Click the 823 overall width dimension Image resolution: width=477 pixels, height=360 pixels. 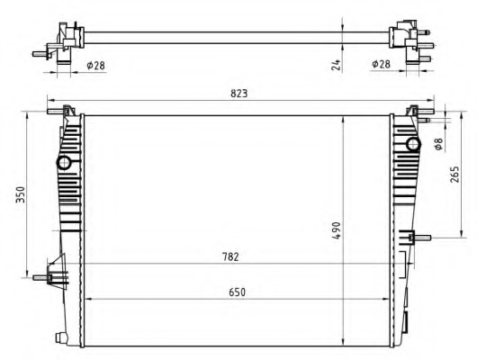[x=239, y=93]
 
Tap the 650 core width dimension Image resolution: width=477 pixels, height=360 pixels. [x=237, y=292]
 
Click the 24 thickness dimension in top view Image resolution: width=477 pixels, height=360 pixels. [x=336, y=65]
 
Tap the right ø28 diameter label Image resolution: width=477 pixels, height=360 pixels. [x=381, y=64]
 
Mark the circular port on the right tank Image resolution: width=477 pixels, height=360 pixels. [x=413, y=144]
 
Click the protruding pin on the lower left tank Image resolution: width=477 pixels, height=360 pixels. [x=40, y=277]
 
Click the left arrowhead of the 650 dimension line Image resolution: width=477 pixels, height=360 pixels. [x=86, y=298]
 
